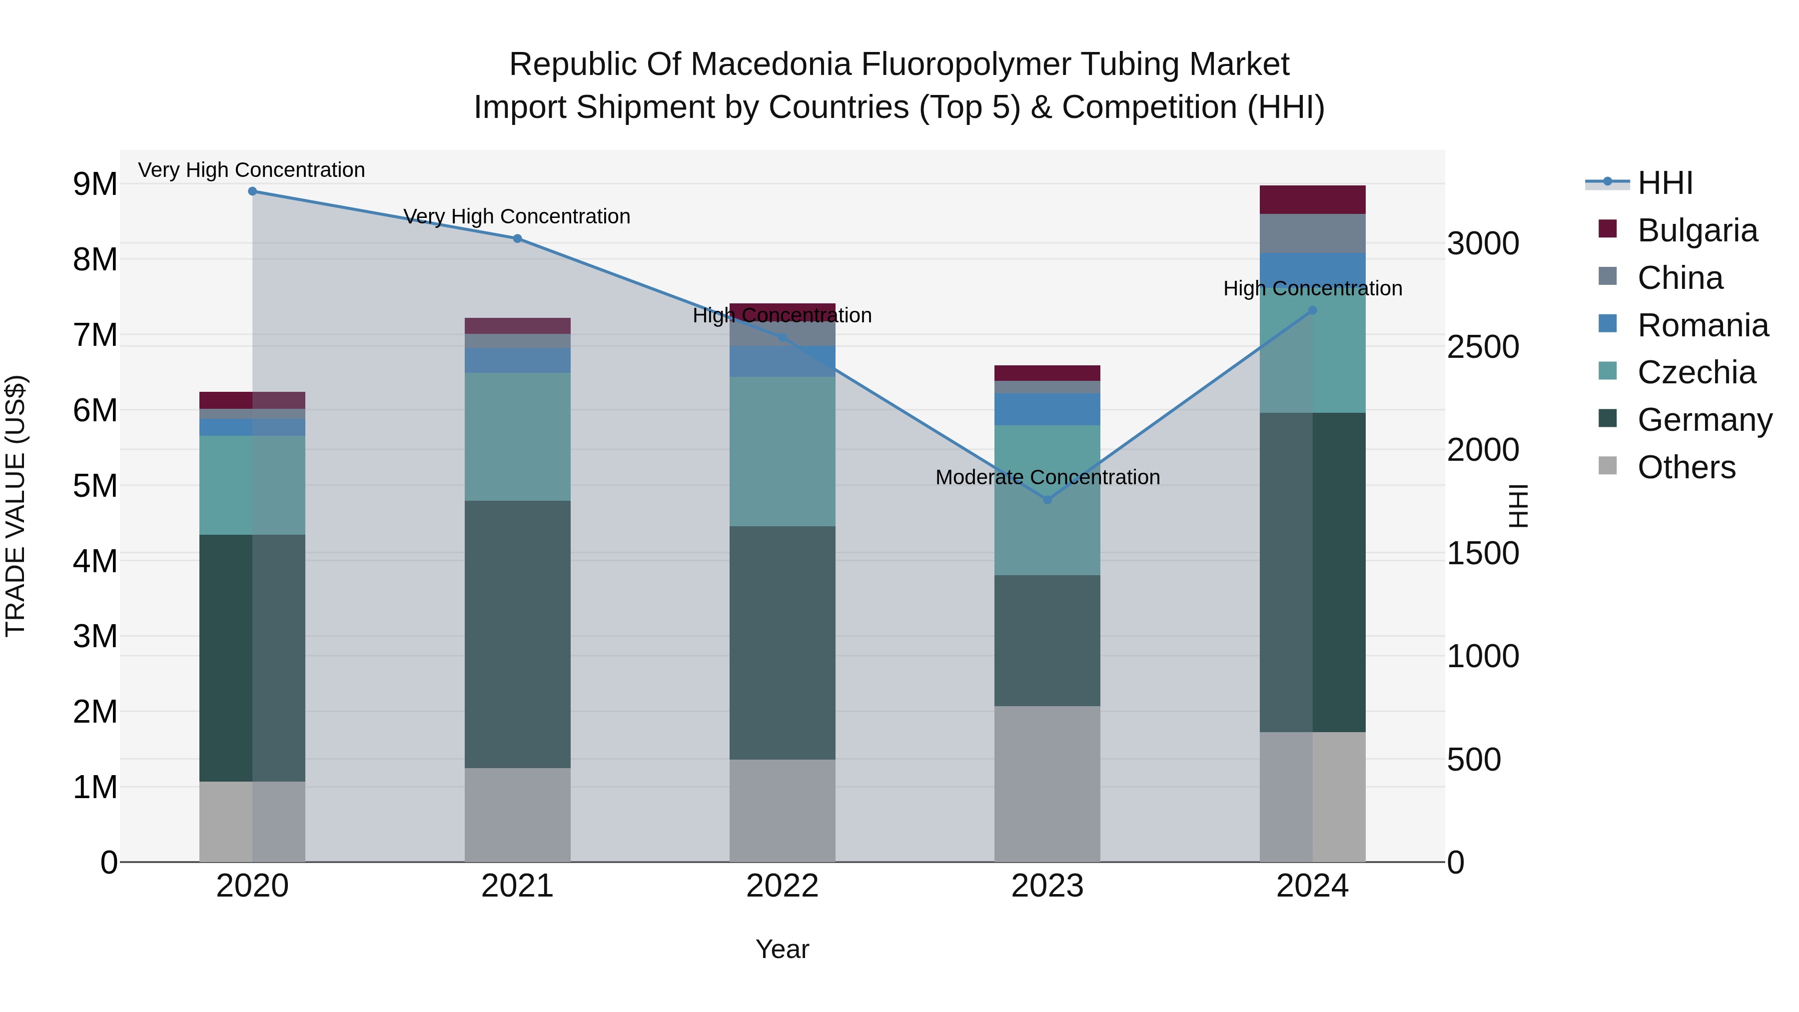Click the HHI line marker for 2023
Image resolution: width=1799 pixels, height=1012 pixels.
click(x=1047, y=499)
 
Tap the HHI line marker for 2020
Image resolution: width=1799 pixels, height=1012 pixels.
click(x=253, y=191)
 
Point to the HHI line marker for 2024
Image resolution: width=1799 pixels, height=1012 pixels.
click(x=1312, y=310)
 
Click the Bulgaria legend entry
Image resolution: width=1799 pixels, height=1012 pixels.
click(x=1697, y=230)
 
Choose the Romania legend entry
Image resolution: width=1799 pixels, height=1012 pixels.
click(x=1702, y=325)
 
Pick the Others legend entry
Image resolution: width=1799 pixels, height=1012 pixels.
click(x=1686, y=467)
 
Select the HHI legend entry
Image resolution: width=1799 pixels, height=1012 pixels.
click(x=1665, y=183)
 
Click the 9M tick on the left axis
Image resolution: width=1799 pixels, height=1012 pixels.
click(x=95, y=184)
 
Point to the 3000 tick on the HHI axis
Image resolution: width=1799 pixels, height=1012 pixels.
click(x=1483, y=244)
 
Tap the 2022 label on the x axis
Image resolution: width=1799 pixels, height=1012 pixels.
click(x=782, y=886)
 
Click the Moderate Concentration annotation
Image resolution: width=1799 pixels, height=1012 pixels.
click(x=1047, y=477)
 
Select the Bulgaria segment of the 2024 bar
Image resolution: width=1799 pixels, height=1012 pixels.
click(x=1312, y=200)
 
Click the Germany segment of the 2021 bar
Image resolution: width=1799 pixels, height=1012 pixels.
click(x=518, y=634)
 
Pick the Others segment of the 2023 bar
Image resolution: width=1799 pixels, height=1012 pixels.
click(x=1047, y=784)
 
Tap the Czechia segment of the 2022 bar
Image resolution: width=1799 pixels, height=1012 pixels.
click(x=782, y=451)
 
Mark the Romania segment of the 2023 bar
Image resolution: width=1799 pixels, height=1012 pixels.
click(x=1047, y=409)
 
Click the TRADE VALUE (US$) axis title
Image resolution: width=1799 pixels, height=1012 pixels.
click(x=16, y=506)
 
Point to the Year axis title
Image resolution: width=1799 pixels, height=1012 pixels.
click(x=782, y=949)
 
